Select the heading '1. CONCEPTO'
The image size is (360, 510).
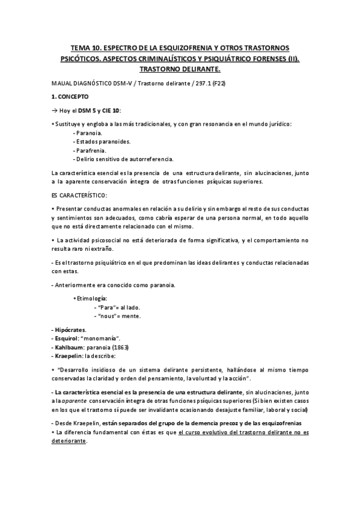71,96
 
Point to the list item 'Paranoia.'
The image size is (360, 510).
89,132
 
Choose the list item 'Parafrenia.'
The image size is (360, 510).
92,150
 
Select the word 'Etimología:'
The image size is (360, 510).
91,298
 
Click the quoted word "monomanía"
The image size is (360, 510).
102,339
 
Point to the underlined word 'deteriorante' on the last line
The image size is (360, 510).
70,440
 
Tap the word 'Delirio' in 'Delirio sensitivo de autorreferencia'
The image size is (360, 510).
85,159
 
